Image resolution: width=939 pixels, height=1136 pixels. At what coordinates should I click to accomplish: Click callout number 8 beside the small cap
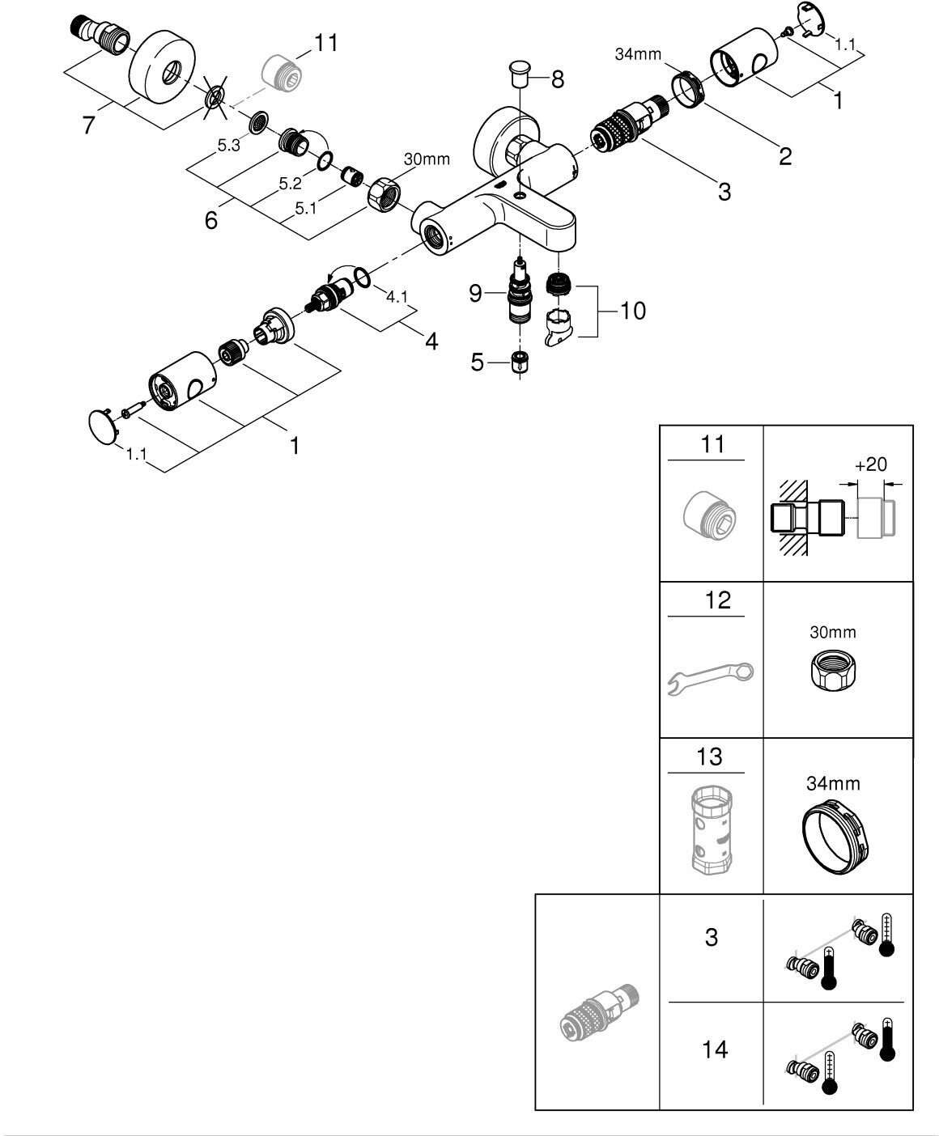(558, 79)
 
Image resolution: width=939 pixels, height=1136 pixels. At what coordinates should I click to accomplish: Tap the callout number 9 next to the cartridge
(475, 294)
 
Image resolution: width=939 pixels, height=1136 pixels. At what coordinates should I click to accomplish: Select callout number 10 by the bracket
(632, 311)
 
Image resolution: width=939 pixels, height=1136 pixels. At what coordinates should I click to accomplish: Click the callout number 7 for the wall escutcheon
(88, 125)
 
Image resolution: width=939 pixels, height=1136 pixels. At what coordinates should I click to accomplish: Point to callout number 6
(210, 220)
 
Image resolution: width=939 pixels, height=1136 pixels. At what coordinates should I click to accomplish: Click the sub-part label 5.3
(228, 146)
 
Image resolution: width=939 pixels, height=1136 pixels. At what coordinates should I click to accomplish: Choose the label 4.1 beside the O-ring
(397, 296)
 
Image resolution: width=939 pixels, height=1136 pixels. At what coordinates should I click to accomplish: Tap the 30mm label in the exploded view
(427, 159)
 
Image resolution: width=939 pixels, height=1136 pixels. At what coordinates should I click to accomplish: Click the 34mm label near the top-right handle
(638, 54)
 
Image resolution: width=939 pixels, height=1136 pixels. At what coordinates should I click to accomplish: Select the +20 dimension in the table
(871, 464)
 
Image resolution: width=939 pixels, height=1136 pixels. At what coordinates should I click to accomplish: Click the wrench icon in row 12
(711, 679)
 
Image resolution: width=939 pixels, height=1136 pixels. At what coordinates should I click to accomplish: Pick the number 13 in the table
(709, 757)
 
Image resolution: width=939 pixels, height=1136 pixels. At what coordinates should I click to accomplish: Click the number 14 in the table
(715, 1049)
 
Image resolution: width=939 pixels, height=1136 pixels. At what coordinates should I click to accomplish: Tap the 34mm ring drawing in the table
(835, 837)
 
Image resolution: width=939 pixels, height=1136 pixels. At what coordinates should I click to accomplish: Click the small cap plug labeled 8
(520, 74)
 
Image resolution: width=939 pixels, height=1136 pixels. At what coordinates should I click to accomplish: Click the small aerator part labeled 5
(520, 362)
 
